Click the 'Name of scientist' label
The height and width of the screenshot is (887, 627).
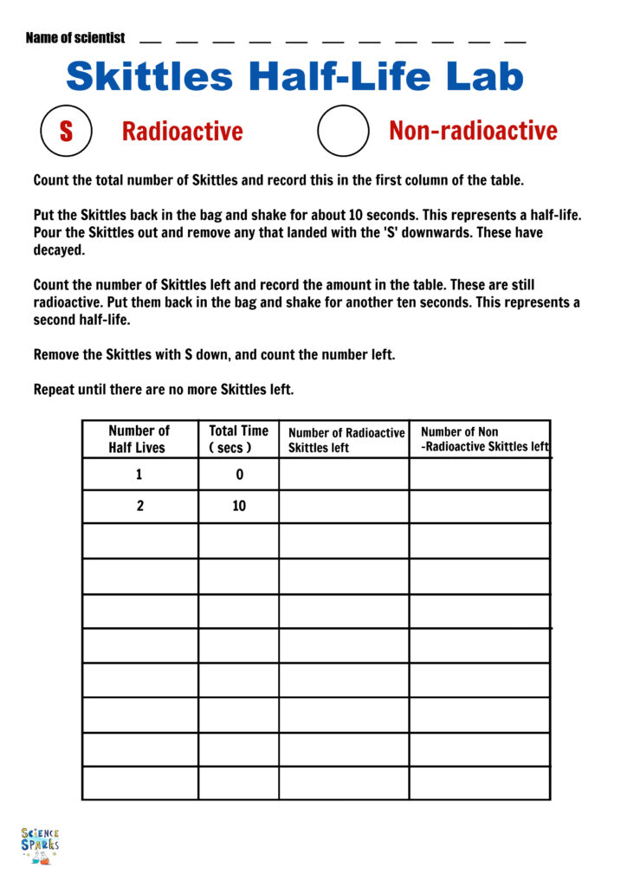pyautogui.click(x=75, y=38)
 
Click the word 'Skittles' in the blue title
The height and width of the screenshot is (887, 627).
pyautogui.click(x=150, y=76)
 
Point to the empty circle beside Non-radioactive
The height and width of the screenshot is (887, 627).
pyautogui.click(x=344, y=131)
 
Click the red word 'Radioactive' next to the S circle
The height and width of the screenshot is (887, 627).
pyautogui.click(x=182, y=132)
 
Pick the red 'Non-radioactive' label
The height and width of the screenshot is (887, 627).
pyautogui.click(x=473, y=131)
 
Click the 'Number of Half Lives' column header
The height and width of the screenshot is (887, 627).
pyautogui.click(x=139, y=439)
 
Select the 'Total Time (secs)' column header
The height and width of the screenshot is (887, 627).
pyautogui.click(x=238, y=439)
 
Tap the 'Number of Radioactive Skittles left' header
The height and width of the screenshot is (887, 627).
pyautogui.click(x=345, y=440)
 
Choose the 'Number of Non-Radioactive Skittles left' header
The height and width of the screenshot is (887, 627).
pyautogui.click(x=482, y=439)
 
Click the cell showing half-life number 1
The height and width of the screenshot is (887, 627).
pyautogui.click(x=139, y=475)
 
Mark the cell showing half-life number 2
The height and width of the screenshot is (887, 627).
pyautogui.click(x=139, y=507)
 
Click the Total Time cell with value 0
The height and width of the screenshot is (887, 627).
pyautogui.click(x=239, y=475)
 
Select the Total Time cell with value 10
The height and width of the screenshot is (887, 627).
pyautogui.click(x=239, y=507)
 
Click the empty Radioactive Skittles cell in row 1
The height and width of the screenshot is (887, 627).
pyautogui.click(x=344, y=475)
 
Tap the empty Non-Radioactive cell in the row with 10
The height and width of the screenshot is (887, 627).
pyautogui.click(x=479, y=507)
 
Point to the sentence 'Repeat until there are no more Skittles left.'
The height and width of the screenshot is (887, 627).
pyautogui.click(x=164, y=390)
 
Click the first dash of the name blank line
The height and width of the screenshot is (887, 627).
pyautogui.click(x=150, y=42)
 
